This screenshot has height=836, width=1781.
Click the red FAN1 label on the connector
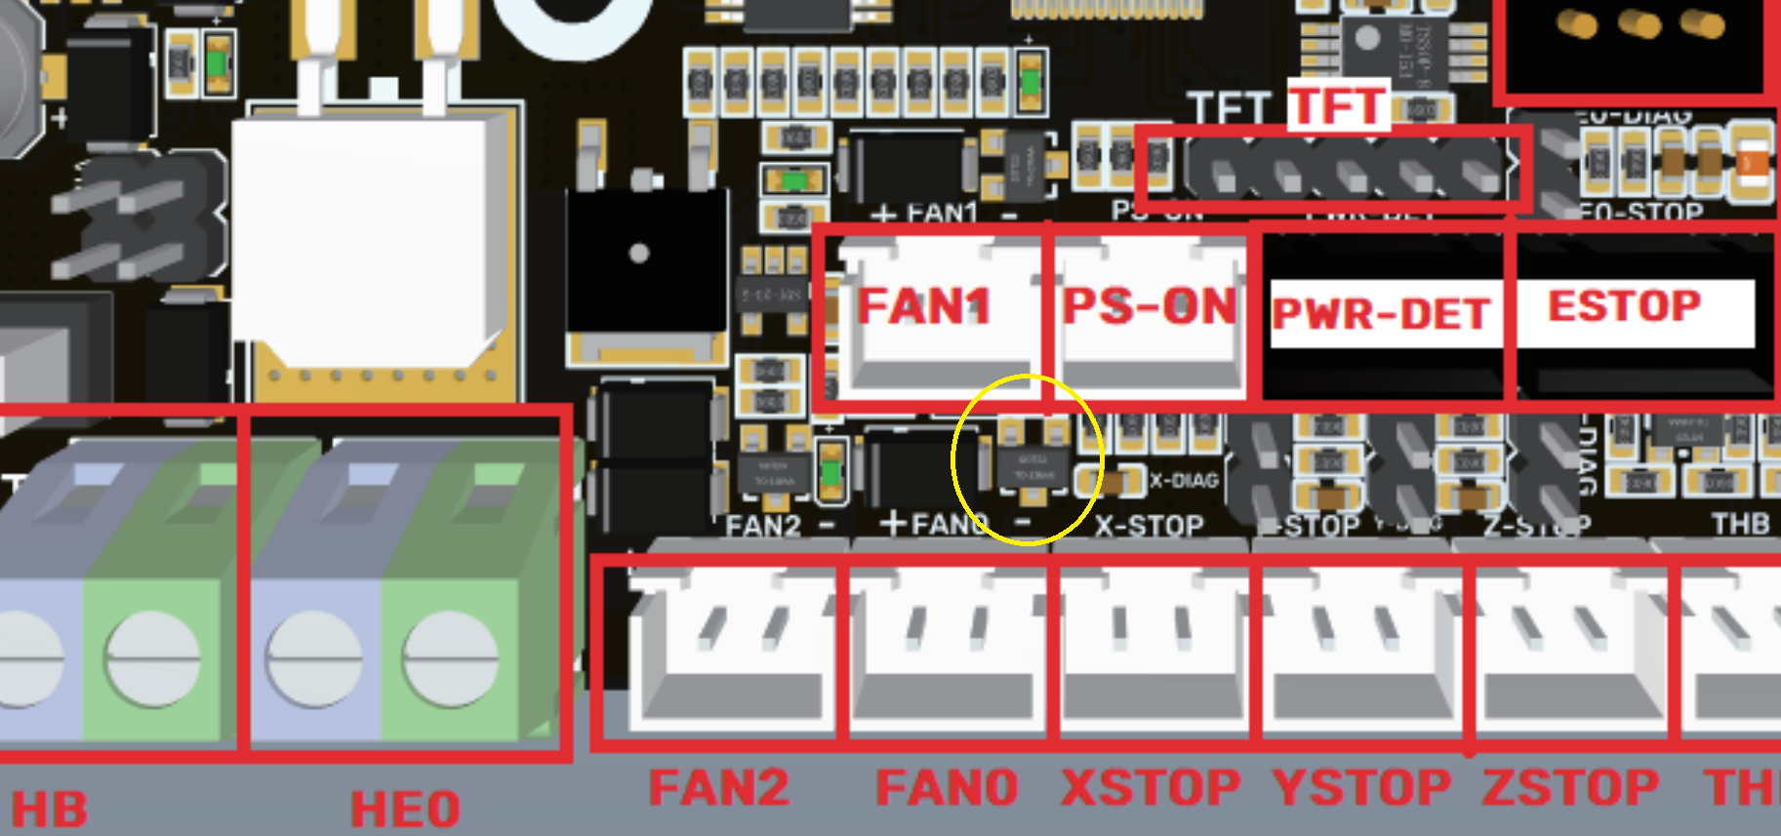pyautogui.click(x=923, y=306)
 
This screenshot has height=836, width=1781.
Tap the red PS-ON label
pyautogui.click(x=1149, y=306)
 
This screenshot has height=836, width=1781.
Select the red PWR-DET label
pyautogui.click(x=1381, y=314)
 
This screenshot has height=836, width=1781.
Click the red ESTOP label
pyautogui.click(x=1625, y=306)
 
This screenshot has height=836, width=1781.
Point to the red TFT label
pyautogui.click(x=1338, y=105)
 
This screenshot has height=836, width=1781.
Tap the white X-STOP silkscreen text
pyautogui.click(x=1149, y=526)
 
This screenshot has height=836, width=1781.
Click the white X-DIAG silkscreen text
pyautogui.click(x=1184, y=481)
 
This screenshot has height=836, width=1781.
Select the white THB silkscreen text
pyautogui.click(x=1740, y=524)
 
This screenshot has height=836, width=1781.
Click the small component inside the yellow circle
pyautogui.click(x=1032, y=466)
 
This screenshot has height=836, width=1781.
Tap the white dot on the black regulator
pyautogui.click(x=639, y=254)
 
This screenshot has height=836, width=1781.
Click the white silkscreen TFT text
pyautogui.click(x=1229, y=107)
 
